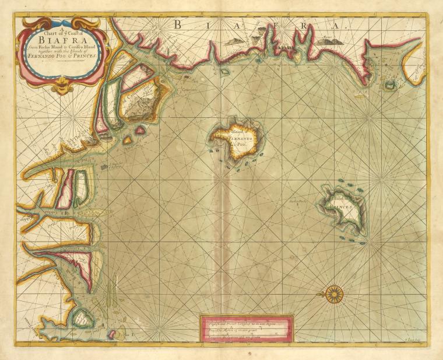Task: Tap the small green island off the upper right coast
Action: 387,85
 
